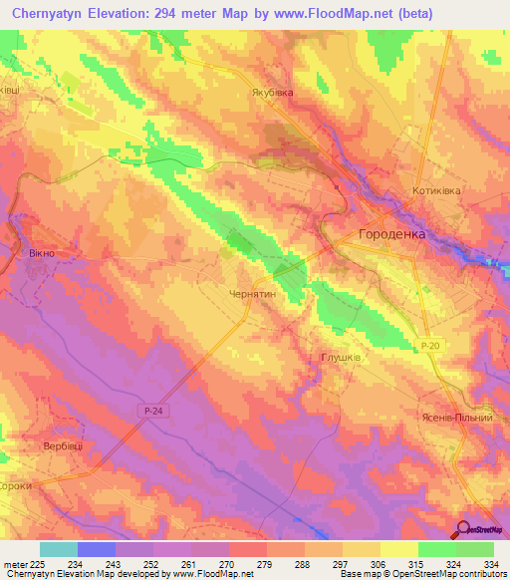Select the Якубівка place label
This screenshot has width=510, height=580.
coord(272,94)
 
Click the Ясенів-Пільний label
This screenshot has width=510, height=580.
coord(458,418)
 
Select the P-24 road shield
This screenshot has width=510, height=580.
coord(147,409)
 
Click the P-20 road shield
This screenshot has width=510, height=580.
coord(428,346)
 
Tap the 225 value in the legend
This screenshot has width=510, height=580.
coord(38,563)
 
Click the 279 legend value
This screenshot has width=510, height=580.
coord(265,563)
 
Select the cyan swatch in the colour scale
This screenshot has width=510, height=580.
coord(59,549)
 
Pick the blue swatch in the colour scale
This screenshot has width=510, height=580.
coord(97,549)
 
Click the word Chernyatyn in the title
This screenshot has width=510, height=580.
coord(59,15)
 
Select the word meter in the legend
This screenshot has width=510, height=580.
coord(14,563)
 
